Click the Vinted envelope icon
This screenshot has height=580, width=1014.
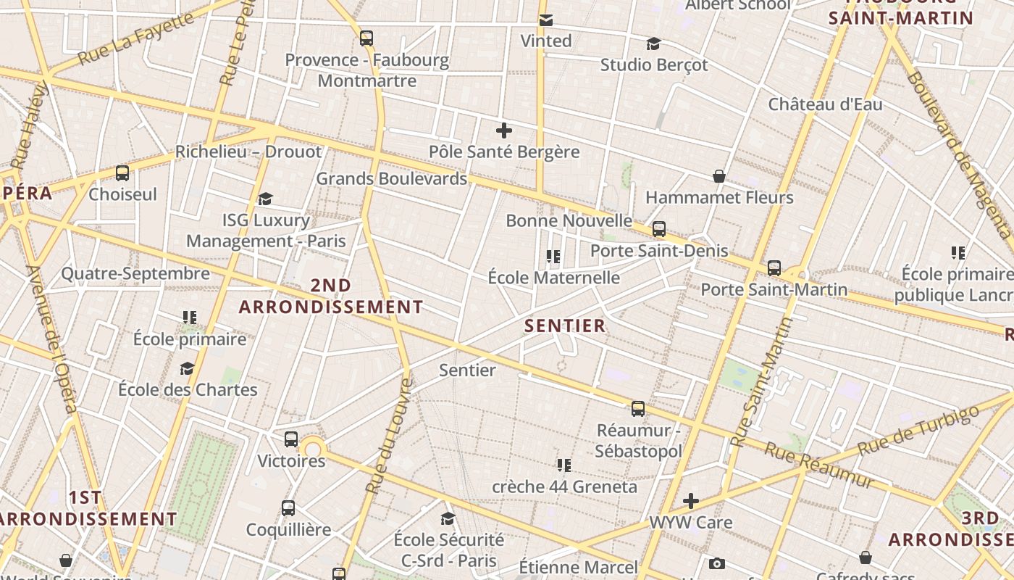pyautogui.click(x=546, y=20)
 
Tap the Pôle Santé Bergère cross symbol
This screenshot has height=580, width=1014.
pyautogui.click(x=504, y=130)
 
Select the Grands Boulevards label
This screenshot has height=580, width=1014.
pyautogui.click(x=391, y=178)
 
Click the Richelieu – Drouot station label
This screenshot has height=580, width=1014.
pyautogui.click(x=248, y=152)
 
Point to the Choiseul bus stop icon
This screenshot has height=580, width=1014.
pyautogui.click(x=122, y=173)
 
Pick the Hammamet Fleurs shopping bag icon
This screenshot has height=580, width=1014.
pyautogui.click(x=719, y=176)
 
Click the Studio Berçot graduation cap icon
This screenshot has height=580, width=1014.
pyautogui.click(x=653, y=44)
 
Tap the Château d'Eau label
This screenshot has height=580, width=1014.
pyautogui.click(x=825, y=104)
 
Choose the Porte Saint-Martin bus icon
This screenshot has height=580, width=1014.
pyautogui.click(x=774, y=268)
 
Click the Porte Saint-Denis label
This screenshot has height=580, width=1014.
pyautogui.click(x=659, y=251)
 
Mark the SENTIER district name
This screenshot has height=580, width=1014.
pyautogui.click(x=565, y=326)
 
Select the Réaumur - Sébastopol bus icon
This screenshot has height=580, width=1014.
pyautogui.click(x=638, y=409)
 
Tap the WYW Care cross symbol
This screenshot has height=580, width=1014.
pyautogui.click(x=691, y=501)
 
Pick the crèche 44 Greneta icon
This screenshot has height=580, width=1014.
pyautogui.click(x=564, y=465)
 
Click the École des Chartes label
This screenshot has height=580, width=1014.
pyautogui.click(x=188, y=390)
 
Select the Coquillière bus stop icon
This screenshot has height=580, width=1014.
pyautogui.click(x=288, y=508)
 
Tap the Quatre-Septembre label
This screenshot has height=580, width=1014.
pyautogui.click(x=135, y=274)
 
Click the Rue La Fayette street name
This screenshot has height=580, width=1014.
pyautogui.click(x=135, y=38)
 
